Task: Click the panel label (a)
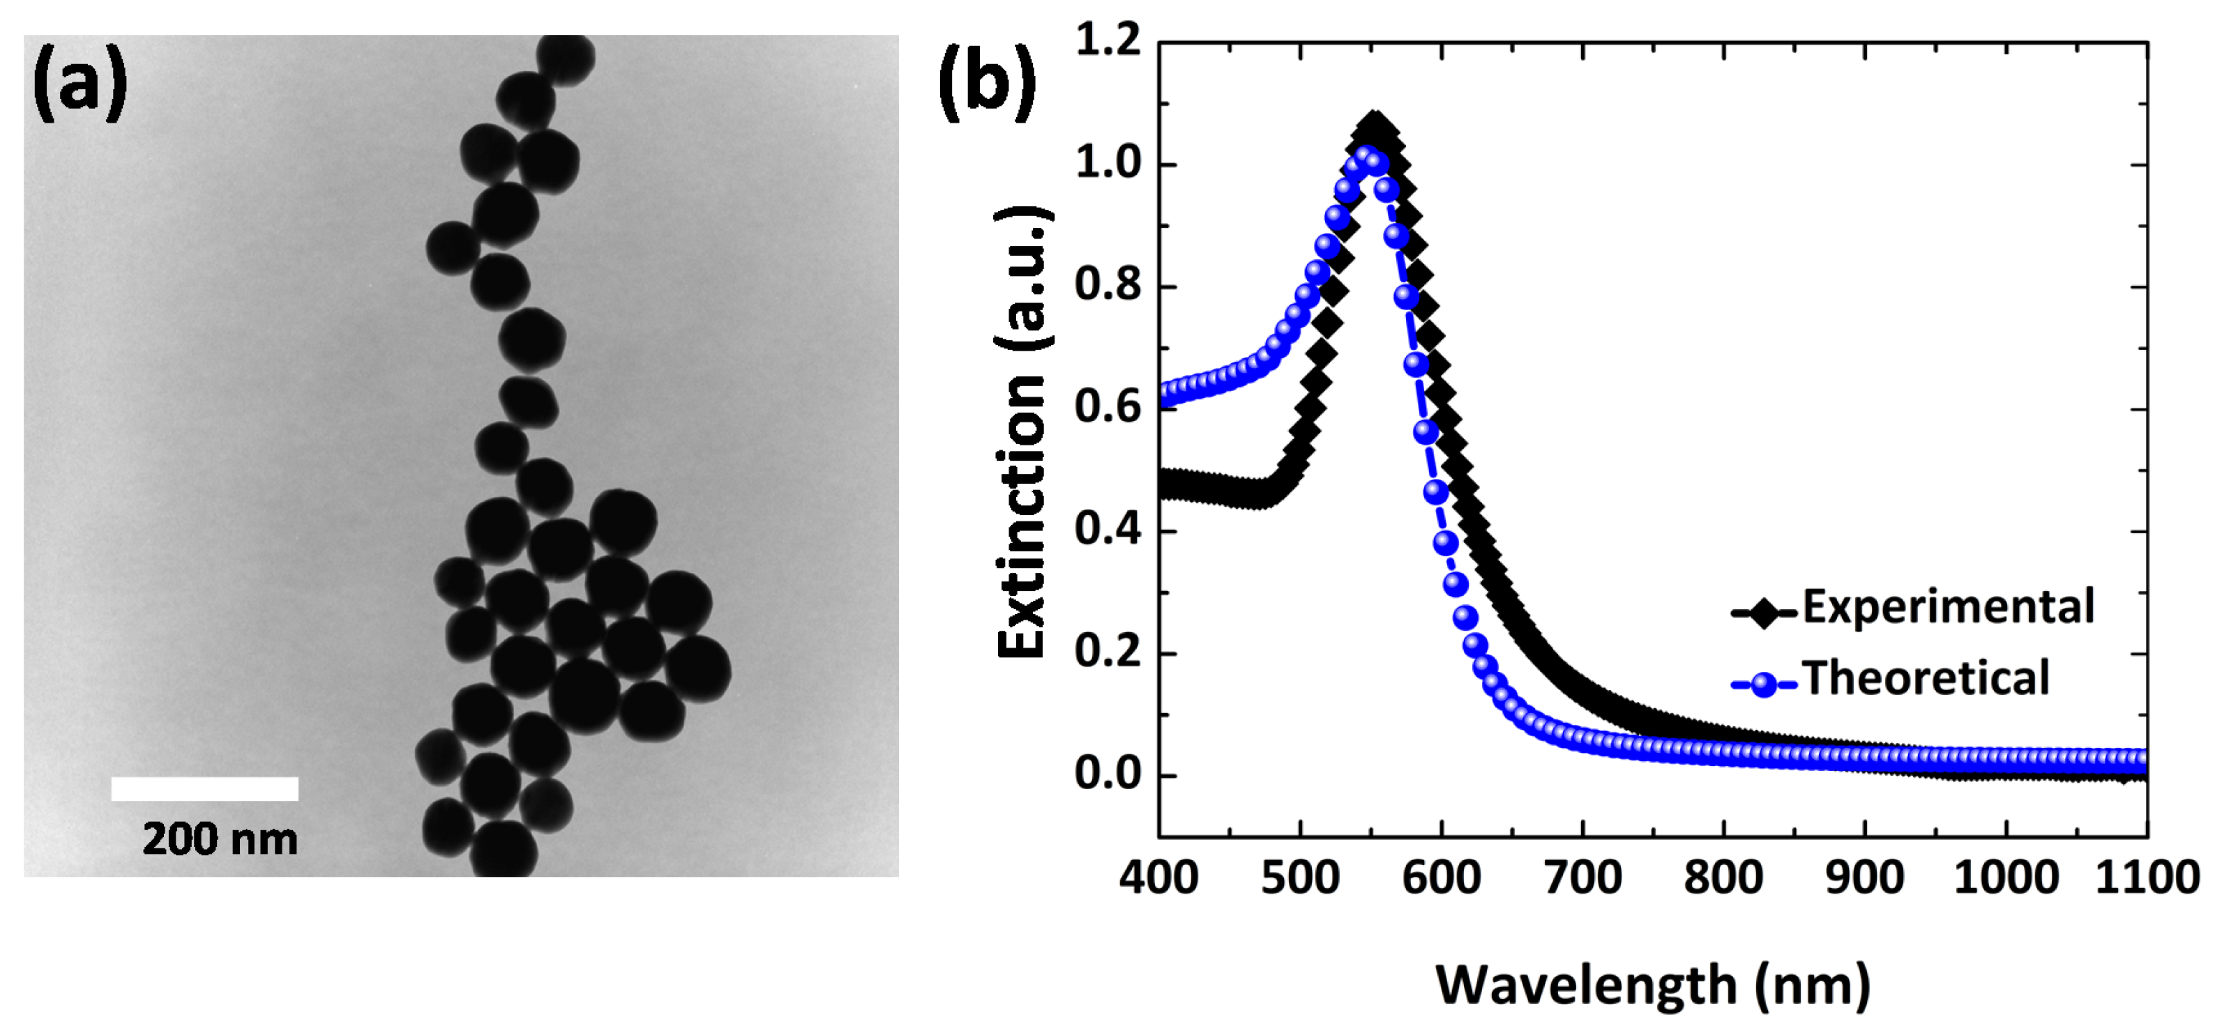80,84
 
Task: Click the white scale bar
204,788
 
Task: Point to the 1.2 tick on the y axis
1108,40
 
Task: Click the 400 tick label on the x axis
1158,878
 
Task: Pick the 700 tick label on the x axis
1583,878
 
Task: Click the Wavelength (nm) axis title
1652,985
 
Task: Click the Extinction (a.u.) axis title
1023,431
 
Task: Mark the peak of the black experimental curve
1374,123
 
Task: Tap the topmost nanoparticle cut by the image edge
566,58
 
